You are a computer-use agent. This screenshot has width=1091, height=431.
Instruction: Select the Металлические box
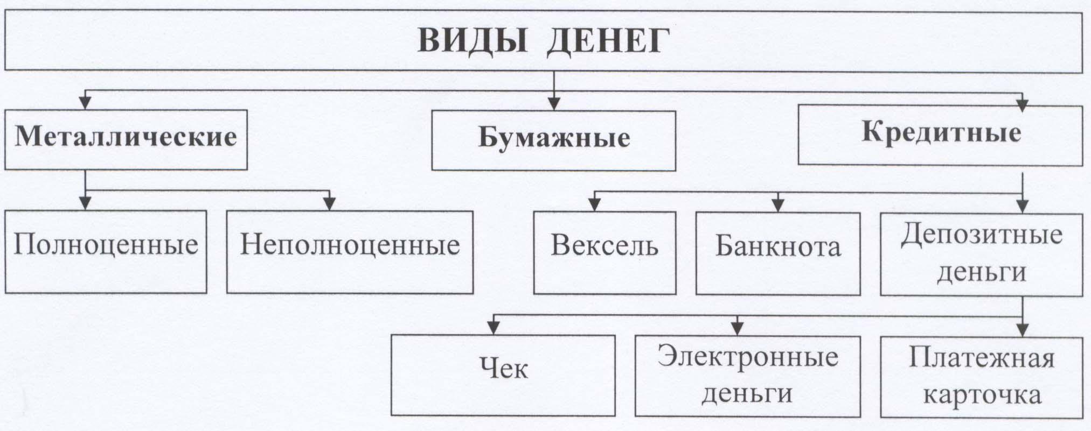coord(126,139)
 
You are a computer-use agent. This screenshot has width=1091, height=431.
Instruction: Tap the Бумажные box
coord(553,140)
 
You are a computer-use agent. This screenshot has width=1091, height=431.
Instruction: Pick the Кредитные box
coord(940,135)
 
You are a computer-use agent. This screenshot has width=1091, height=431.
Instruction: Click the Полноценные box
coord(106,251)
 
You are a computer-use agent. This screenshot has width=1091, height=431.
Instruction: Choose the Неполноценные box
coord(350,251)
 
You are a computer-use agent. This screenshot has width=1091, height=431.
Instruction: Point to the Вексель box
coord(604,252)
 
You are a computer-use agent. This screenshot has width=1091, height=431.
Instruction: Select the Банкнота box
coord(777,253)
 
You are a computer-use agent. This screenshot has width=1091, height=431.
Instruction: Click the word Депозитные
coord(981,235)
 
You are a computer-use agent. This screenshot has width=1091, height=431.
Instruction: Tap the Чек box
coord(503,375)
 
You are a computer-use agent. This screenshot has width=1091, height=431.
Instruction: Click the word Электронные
coord(747,357)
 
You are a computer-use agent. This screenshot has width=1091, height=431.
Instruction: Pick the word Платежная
coord(981,358)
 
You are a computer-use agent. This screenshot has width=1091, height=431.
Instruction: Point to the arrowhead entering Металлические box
coord(85,102)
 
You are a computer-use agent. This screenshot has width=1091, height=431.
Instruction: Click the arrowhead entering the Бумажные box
coord(554,103)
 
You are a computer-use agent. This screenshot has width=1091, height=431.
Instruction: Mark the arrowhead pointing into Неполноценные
coord(329,204)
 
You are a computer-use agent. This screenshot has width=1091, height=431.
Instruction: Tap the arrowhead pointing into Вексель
coord(594,204)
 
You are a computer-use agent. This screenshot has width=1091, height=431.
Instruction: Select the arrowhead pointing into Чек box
coord(493,328)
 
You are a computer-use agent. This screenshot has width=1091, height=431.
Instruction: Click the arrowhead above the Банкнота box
coord(777,205)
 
